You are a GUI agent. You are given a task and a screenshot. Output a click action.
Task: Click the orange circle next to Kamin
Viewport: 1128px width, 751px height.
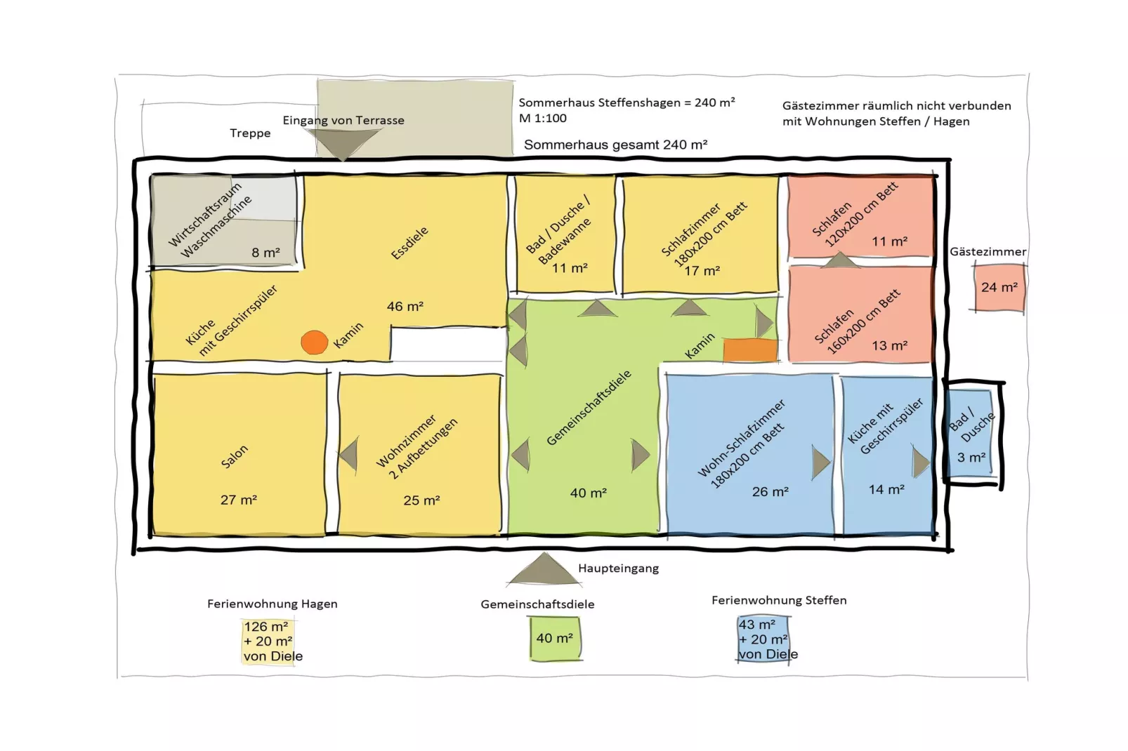coord(314,343)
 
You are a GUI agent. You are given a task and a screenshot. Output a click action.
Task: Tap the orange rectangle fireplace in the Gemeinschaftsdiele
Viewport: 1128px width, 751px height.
coord(750,350)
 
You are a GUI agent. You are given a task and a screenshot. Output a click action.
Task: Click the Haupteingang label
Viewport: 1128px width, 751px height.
coord(618,568)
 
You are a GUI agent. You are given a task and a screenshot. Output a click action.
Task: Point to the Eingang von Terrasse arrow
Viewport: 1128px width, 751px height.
coord(343,144)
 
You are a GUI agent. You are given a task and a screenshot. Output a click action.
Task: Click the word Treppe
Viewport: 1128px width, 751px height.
coord(250,133)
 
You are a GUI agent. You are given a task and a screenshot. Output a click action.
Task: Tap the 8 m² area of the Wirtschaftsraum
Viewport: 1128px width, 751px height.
coord(265,252)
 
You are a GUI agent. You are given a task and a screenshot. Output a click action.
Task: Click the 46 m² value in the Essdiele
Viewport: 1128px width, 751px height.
coord(405,306)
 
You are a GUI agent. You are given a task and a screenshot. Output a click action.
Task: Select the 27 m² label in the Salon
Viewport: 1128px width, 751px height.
coord(238,500)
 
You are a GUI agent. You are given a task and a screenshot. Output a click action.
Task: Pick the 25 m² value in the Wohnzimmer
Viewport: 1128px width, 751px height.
coord(421,500)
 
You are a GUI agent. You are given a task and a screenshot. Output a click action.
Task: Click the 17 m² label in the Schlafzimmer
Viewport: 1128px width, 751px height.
coord(702,270)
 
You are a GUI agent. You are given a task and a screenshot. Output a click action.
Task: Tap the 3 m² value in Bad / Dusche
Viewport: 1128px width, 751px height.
coord(971,457)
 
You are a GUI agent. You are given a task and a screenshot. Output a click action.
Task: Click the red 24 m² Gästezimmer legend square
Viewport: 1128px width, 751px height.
coord(999,287)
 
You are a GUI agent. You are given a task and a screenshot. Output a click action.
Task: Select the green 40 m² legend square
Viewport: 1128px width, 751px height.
coord(555,638)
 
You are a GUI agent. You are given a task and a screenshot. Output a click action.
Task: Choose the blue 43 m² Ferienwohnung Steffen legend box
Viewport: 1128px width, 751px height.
coord(764,639)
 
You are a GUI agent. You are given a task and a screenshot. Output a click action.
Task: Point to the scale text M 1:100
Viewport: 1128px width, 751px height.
coord(542,118)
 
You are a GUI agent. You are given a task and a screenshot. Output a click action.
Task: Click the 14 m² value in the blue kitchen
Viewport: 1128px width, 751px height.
coord(886,489)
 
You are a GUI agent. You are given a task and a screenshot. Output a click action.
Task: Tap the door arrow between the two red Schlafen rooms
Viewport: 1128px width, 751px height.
coord(841,260)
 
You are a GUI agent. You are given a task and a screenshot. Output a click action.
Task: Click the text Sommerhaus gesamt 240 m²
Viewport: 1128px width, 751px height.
coord(615,145)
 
